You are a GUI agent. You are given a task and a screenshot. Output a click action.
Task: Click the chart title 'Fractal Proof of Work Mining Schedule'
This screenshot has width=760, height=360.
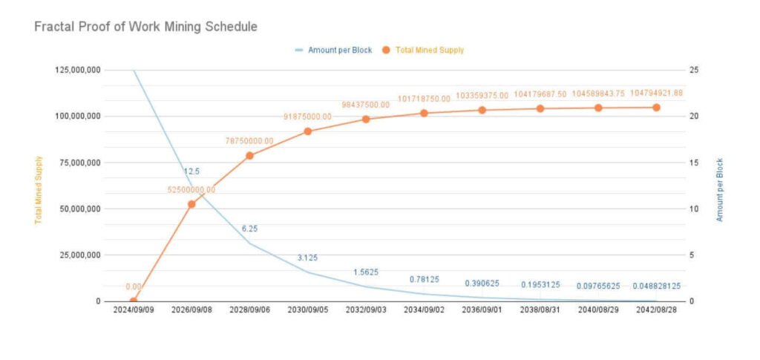coord(145,27)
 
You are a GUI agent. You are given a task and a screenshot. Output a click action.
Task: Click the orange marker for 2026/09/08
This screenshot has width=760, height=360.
coord(191,203)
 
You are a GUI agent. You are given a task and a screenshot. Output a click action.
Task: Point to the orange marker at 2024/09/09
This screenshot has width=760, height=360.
coord(134,301)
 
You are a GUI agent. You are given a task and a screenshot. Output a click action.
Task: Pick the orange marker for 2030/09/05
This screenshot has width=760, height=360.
coord(308,131)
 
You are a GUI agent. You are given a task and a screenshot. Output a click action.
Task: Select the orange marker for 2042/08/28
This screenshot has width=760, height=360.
coord(656,107)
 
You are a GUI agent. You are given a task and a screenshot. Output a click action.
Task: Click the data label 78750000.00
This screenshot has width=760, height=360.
coord(249,141)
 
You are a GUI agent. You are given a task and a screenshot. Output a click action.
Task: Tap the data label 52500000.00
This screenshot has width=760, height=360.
coord(191,190)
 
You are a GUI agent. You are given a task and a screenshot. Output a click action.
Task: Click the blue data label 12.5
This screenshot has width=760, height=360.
coord(191,172)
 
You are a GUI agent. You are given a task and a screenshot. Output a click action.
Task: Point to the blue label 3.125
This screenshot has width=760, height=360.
coord(308,258)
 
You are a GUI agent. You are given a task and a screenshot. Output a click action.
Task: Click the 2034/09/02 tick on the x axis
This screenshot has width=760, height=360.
coord(424,310)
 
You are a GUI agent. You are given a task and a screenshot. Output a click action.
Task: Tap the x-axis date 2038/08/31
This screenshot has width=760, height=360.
coord(540,310)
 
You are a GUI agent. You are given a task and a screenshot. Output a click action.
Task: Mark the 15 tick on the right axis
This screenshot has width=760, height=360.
coord(693,163)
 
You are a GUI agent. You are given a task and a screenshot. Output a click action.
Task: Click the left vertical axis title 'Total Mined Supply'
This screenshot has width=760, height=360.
coord(39,189)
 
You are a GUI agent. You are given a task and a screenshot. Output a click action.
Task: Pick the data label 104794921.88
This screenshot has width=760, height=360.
coord(656,94)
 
